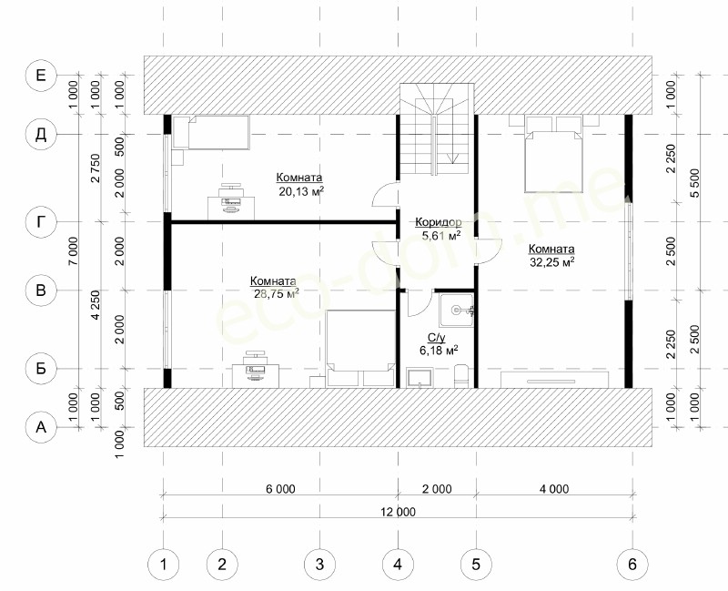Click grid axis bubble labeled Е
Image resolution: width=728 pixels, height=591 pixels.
(x=41, y=75)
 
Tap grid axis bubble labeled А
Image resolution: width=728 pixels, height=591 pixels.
(x=41, y=426)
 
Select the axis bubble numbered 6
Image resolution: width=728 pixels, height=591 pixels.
(x=632, y=565)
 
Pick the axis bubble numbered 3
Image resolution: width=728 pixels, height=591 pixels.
(x=319, y=565)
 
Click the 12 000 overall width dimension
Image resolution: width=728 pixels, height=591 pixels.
(x=398, y=512)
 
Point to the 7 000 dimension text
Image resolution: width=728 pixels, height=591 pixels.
(x=75, y=251)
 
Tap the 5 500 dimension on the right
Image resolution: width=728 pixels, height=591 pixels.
(x=694, y=183)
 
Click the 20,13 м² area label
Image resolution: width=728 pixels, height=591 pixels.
(x=301, y=191)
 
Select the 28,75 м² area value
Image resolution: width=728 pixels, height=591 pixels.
(x=276, y=293)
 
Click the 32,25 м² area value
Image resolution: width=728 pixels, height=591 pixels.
(x=552, y=262)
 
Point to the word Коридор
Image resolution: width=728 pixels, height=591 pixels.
(x=439, y=222)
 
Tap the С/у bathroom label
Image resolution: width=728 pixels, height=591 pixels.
(x=436, y=338)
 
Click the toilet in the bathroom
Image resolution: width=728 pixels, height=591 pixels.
(x=461, y=376)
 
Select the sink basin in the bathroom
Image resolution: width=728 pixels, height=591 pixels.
(x=457, y=310)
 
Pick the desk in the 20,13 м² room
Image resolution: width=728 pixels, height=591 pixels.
(x=231, y=208)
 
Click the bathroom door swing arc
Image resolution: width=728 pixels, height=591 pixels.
(x=420, y=308)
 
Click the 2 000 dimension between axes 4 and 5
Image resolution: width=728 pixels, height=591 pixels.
(x=437, y=489)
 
